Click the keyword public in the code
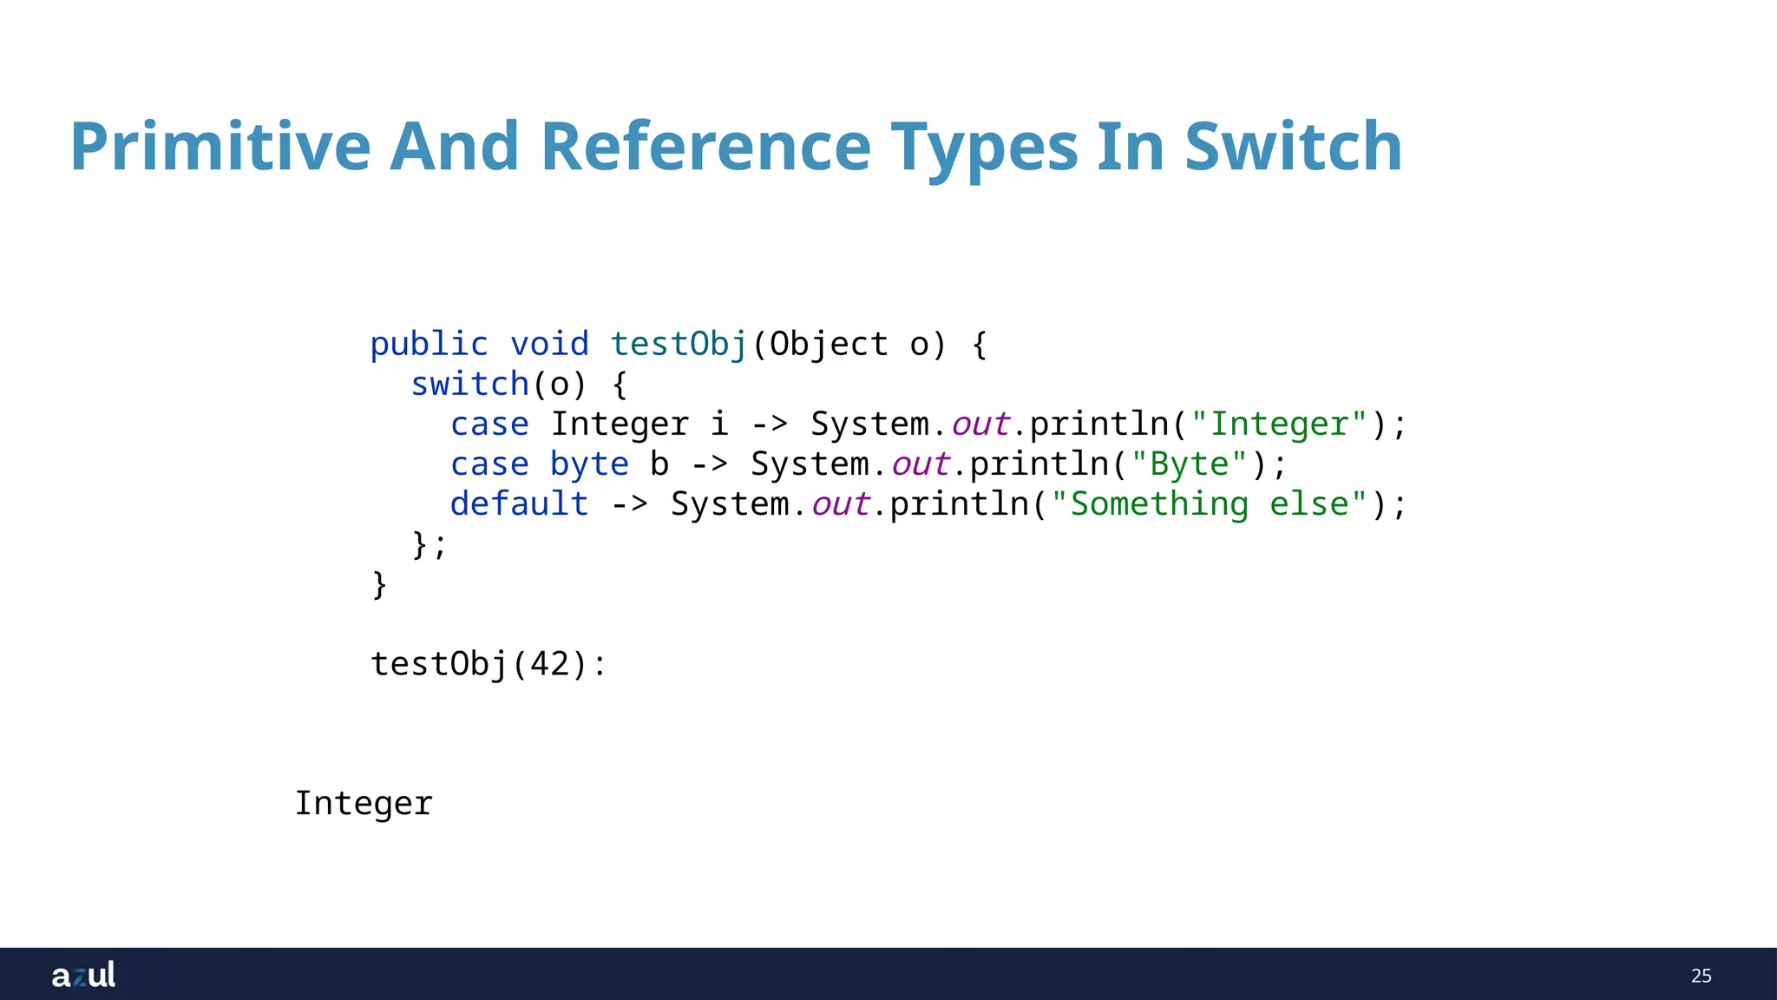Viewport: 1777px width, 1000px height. [x=429, y=345]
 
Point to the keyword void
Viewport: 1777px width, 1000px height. [x=549, y=345]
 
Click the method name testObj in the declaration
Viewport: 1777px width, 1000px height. [x=679, y=345]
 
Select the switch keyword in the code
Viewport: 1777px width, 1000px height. [x=469, y=385]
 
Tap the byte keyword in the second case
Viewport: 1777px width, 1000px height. [x=589, y=464]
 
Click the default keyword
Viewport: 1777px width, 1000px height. [x=519, y=504]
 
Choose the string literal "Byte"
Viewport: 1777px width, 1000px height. [x=1190, y=464]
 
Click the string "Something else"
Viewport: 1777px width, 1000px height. [x=1210, y=504]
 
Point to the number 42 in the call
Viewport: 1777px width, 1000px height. [x=549, y=665]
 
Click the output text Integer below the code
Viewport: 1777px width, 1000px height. [x=364, y=804]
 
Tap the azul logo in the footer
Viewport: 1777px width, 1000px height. [x=83, y=975]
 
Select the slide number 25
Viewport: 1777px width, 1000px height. [x=1701, y=976]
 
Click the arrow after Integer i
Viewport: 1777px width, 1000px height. [x=770, y=424]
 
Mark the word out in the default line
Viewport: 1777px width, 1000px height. [x=840, y=504]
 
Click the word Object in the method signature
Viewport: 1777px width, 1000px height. [x=829, y=345]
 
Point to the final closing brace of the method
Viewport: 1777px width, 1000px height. [x=379, y=584]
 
